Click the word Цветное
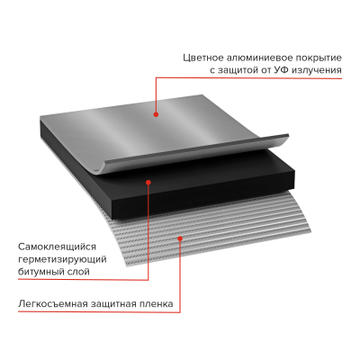pyautogui.click(x=202, y=58)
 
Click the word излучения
pyautogui.click(x=317, y=71)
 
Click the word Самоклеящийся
pyautogui.click(x=58, y=247)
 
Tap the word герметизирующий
pyautogui.click(x=62, y=260)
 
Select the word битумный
pyautogui.click(x=41, y=272)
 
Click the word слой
pyautogui.click(x=79, y=273)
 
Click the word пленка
pyautogui.click(x=157, y=304)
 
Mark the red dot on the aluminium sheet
pyautogui.click(x=156, y=114)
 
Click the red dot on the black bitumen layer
pyautogui.click(x=148, y=182)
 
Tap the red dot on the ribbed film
pyautogui.click(x=180, y=238)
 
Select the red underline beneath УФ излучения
pyautogui.click(x=248, y=78)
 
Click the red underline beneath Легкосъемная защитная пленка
pyautogui.click(x=99, y=312)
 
